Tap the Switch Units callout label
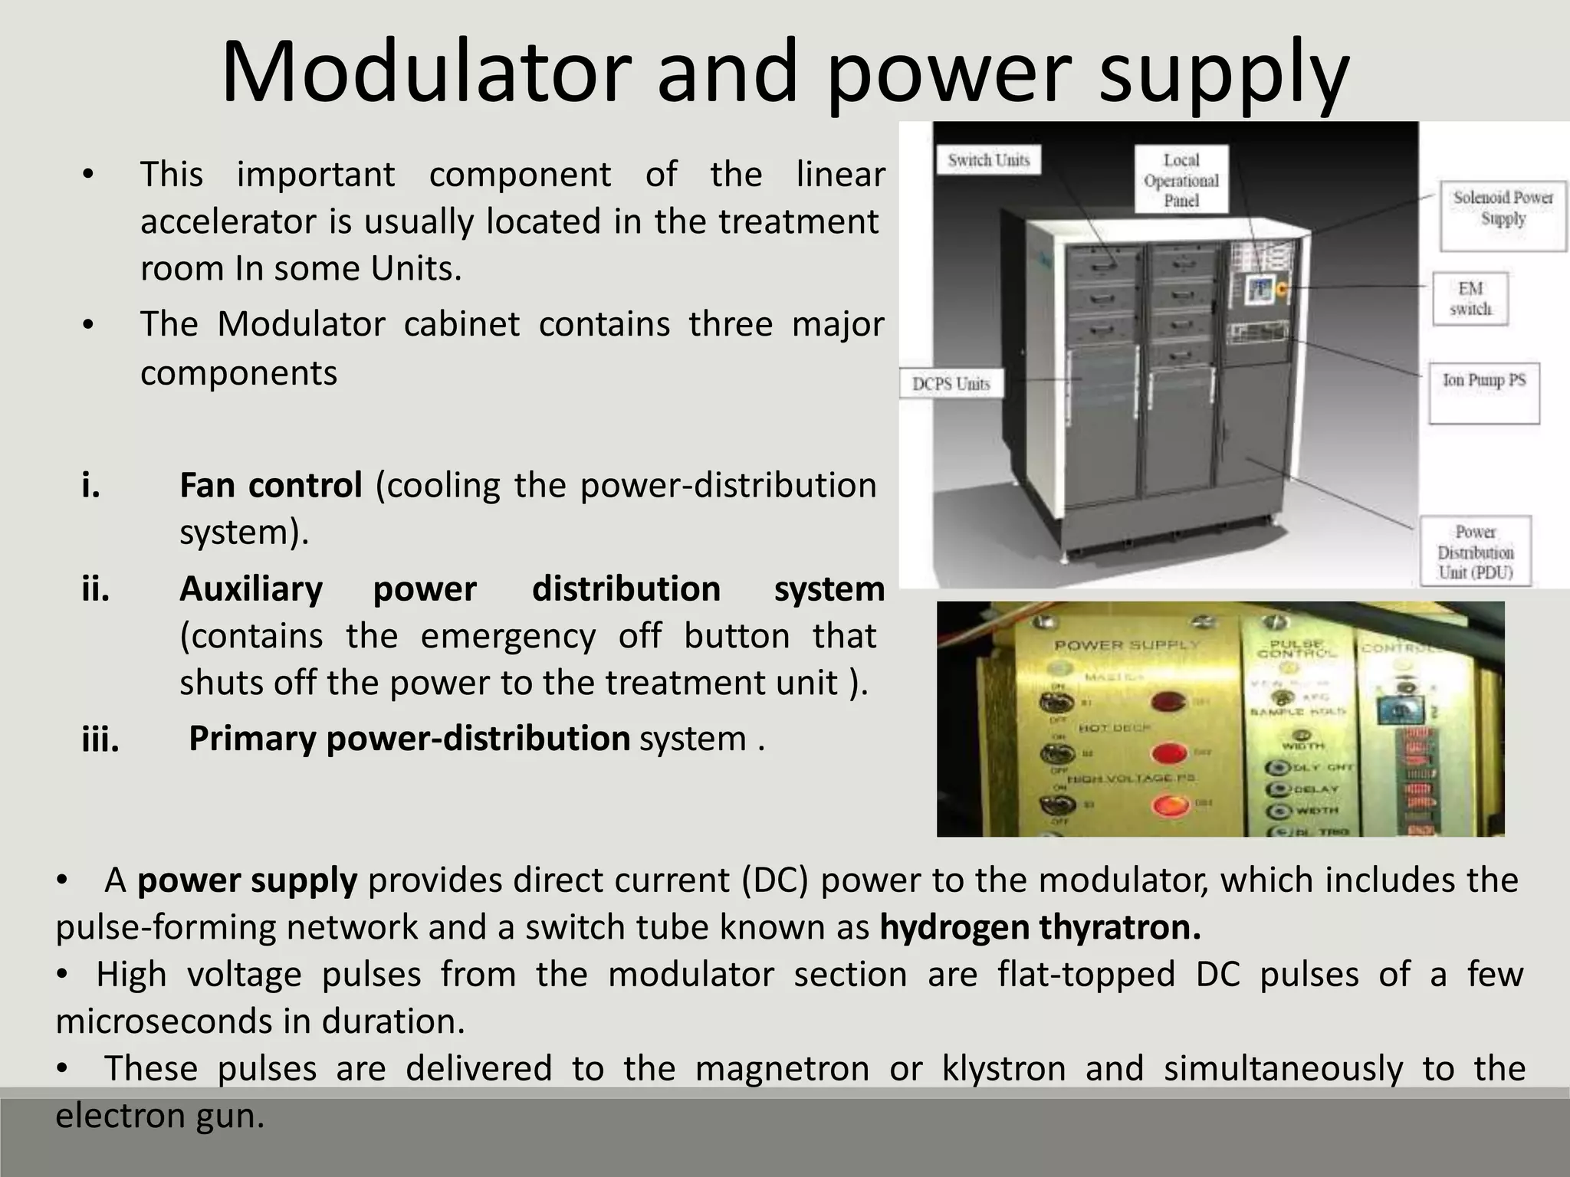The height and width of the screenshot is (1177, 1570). [x=988, y=160]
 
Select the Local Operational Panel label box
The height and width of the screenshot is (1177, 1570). [x=1181, y=180]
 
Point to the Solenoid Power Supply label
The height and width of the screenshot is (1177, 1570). [x=1503, y=208]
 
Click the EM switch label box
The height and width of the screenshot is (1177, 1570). [x=1470, y=298]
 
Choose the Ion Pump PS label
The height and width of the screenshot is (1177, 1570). [x=1483, y=381]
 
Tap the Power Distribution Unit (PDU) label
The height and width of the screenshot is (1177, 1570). [x=1475, y=552]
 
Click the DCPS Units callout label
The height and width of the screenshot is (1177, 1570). [x=951, y=384]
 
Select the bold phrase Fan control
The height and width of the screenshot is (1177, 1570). [x=271, y=485]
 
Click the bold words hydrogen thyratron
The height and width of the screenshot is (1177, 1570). [x=1040, y=927]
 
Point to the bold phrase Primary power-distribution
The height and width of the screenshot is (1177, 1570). [x=409, y=739]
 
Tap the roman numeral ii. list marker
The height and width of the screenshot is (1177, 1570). [x=96, y=589]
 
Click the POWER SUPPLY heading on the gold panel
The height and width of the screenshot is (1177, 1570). [x=1126, y=645]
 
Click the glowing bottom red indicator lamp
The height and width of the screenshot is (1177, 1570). [x=1169, y=805]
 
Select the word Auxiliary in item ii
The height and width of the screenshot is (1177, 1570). [x=251, y=589]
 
